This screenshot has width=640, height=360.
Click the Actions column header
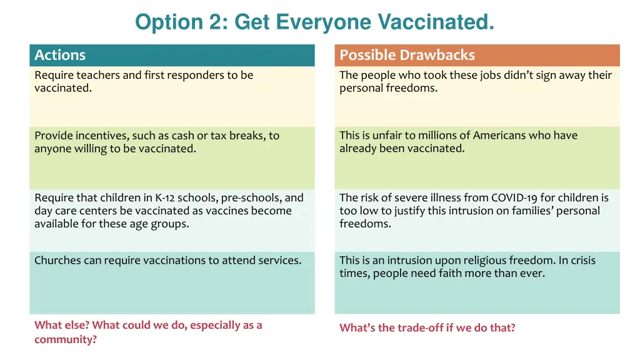coord(60,55)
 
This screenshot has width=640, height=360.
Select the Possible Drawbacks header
coord(407,55)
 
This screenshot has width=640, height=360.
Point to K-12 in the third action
coord(165,198)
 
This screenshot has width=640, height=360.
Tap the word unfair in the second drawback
coord(389,136)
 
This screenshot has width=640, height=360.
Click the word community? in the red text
coord(66,340)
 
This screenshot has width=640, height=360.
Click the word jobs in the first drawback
coord(494,75)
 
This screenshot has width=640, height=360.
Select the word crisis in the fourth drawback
coord(582,261)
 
